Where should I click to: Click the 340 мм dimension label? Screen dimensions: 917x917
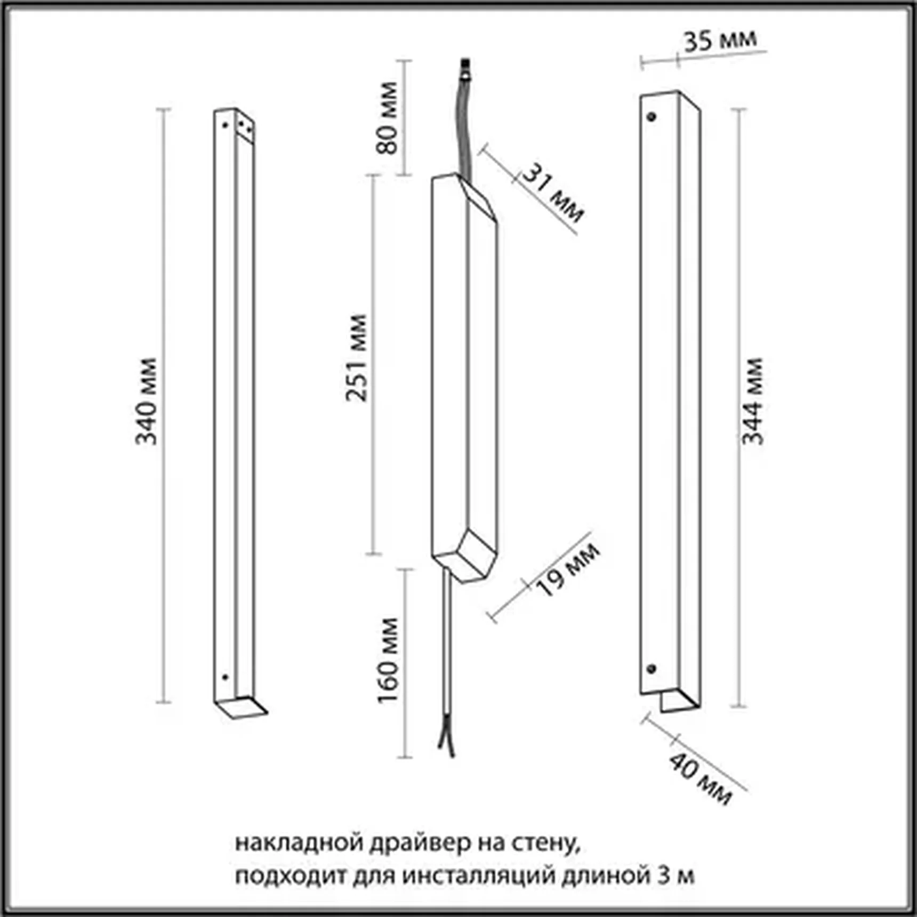(x=146, y=401)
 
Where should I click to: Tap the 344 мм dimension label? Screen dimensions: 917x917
(x=752, y=401)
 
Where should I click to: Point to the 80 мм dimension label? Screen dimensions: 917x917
(x=387, y=118)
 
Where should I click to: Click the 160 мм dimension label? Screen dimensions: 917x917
(x=388, y=661)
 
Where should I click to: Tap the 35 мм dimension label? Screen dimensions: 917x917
(x=720, y=41)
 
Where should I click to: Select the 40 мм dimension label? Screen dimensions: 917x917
(x=701, y=778)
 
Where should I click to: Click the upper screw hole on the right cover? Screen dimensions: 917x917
(x=651, y=116)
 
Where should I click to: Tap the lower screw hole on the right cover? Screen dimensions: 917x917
(x=651, y=669)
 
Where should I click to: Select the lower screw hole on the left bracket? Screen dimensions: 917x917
(x=224, y=677)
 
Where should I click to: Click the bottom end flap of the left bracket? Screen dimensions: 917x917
(x=241, y=707)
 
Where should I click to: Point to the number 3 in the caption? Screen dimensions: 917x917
(x=664, y=875)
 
